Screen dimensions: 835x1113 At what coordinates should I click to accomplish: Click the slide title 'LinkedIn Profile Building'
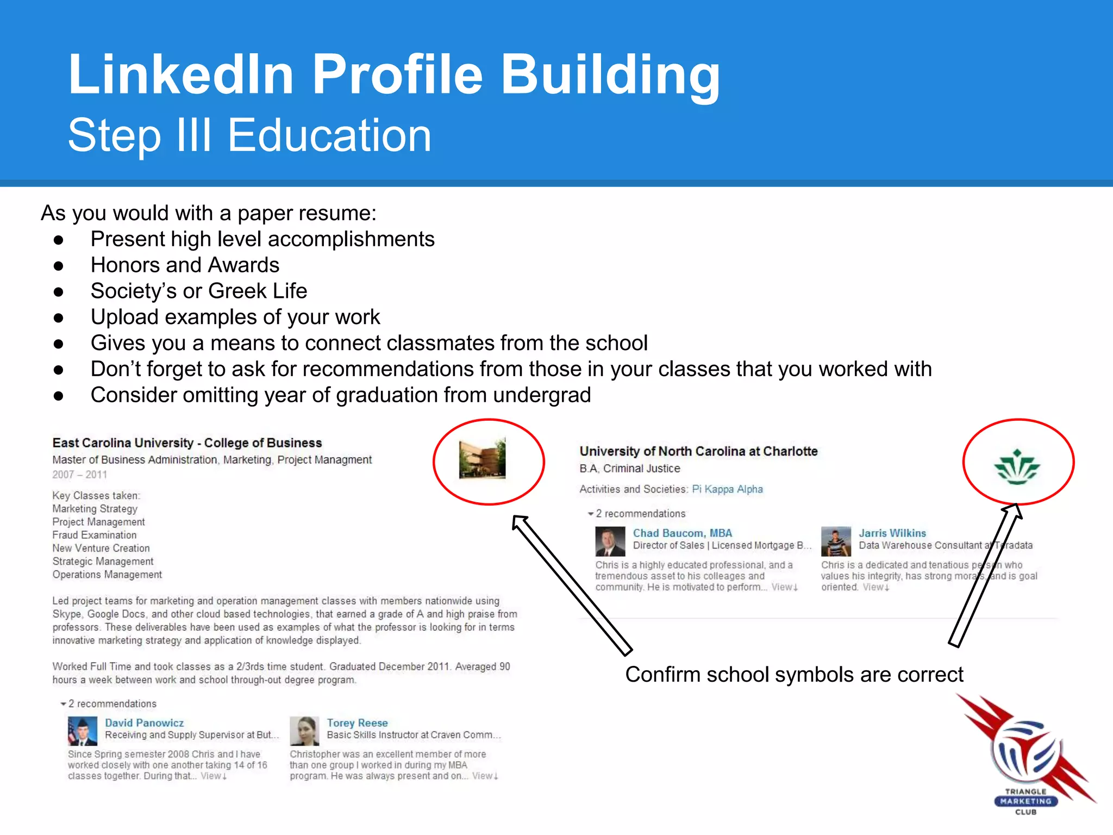point(393,74)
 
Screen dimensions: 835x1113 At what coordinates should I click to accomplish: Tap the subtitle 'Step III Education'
point(249,135)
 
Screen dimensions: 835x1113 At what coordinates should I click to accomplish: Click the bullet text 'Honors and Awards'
point(185,265)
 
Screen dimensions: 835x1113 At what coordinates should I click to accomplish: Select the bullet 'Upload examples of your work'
point(235,317)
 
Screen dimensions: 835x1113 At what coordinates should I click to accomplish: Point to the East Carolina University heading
point(187,443)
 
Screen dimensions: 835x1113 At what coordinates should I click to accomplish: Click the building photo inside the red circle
point(483,459)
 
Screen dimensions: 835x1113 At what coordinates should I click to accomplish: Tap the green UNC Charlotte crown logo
point(1017,467)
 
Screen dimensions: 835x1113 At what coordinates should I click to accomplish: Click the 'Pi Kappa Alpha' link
point(727,489)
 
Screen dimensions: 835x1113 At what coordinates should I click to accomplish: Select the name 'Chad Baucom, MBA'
point(682,533)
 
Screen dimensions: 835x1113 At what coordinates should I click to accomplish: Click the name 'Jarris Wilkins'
point(892,533)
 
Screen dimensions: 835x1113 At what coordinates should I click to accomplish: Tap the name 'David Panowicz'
point(144,723)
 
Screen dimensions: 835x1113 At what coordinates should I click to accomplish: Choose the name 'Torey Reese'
point(357,723)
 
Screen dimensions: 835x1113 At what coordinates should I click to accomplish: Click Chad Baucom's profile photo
point(610,541)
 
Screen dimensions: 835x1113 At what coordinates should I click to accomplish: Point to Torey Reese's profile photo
point(304,731)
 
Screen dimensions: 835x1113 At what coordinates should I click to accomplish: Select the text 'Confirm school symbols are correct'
point(794,675)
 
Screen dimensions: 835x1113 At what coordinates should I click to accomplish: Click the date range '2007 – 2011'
point(79,475)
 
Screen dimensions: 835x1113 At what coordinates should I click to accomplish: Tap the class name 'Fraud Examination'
point(95,535)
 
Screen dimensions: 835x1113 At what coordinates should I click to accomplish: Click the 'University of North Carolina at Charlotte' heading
point(698,451)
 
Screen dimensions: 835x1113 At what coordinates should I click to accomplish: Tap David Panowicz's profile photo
point(83,731)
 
